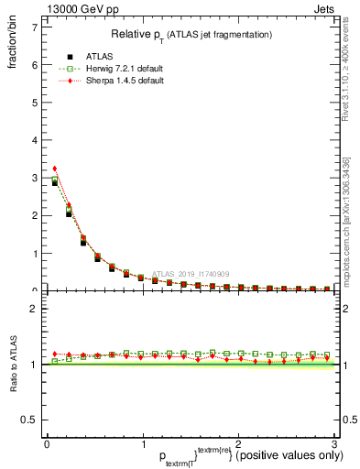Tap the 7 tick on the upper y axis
35,27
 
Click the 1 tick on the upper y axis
35,254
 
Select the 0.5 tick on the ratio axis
31,420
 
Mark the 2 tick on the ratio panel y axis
35,309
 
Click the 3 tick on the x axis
333,445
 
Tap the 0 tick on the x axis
47,445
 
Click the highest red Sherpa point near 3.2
54,169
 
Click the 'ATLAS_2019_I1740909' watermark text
194,273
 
